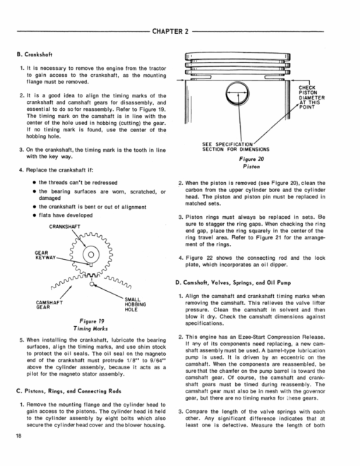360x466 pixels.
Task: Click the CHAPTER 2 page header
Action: pos(170,31)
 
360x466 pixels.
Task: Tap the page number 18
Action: pos(19,436)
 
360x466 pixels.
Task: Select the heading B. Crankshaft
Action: pos(35,54)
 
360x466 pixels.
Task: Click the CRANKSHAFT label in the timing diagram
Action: pos(64,227)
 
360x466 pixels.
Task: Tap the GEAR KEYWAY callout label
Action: pos(45,256)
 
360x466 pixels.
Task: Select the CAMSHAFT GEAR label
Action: pos(49,304)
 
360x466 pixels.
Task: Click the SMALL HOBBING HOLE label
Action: pos(135,304)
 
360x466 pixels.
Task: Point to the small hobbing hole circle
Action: pos(92,284)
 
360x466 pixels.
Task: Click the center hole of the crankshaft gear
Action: pos(91,254)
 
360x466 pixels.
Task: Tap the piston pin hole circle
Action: pos(237,92)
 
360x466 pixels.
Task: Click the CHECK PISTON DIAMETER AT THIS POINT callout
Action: pos(311,97)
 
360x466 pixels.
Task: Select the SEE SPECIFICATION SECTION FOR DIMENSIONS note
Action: pos(236,147)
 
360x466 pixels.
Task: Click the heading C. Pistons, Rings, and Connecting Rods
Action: pos(68,391)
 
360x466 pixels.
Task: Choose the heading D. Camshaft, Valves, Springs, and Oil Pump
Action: pos(233,282)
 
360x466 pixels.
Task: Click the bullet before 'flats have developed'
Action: pos(35,215)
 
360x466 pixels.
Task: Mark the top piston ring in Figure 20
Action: pos(238,56)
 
